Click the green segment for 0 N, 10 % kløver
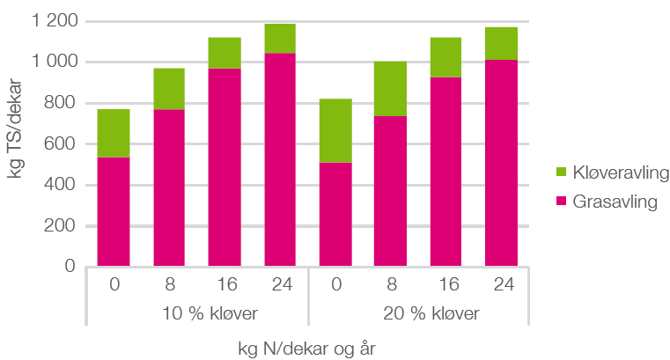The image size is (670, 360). click(x=114, y=133)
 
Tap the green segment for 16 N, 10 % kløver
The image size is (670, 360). click(x=225, y=53)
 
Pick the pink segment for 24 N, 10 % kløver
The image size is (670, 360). click(x=280, y=159)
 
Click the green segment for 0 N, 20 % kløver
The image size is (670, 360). click(x=335, y=130)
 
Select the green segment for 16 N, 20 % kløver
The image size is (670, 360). click(x=446, y=57)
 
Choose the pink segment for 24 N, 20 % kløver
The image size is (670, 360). click(x=502, y=163)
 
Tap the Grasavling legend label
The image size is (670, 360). click(x=615, y=202)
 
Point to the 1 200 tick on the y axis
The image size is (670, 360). click(x=54, y=20)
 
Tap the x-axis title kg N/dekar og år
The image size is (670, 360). click(x=308, y=348)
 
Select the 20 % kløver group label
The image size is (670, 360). click(x=419, y=314)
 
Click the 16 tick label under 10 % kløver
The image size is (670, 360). click(x=225, y=284)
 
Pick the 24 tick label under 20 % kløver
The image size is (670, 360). click(x=502, y=284)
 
